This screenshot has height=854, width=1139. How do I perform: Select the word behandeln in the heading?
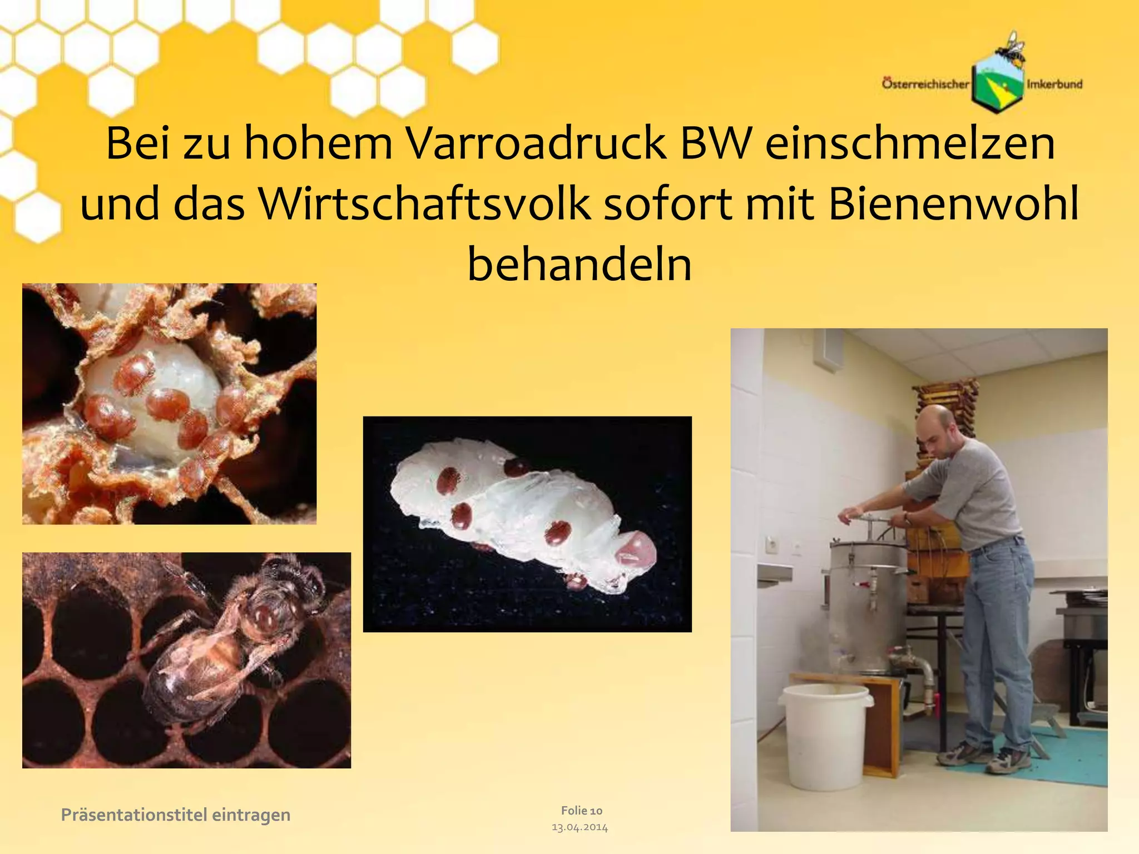pyautogui.click(x=580, y=264)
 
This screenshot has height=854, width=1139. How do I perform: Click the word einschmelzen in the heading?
pyautogui.click(x=910, y=143)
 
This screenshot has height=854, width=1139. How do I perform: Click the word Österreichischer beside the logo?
pyautogui.click(x=925, y=85)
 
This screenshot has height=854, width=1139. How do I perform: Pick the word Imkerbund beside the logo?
pyautogui.click(x=1054, y=85)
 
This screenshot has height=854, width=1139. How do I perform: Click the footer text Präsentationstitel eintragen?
pyautogui.click(x=175, y=815)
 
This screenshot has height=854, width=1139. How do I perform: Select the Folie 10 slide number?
pyautogui.click(x=581, y=811)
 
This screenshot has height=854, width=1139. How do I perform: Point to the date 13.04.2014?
pyautogui.click(x=580, y=827)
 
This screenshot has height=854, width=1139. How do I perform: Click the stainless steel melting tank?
pyautogui.click(x=865, y=606)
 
